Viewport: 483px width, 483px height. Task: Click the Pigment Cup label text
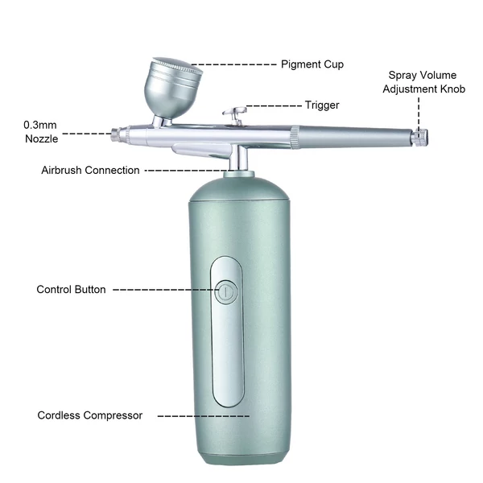tap(312, 64)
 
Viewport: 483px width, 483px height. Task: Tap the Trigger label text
tap(322, 105)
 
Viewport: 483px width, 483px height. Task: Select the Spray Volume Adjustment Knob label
tap(423, 82)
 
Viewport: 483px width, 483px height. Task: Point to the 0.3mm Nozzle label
tap(41, 132)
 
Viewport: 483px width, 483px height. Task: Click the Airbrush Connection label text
tap(90, 170)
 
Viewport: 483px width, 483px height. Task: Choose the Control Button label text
tap(71, 290)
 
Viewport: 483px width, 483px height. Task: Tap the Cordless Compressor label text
tap(89, 415)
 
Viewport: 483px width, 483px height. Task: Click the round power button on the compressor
tap(226, 291)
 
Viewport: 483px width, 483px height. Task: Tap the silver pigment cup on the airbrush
tap(172, 89)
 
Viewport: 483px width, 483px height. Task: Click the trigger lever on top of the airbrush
tap(235, 114)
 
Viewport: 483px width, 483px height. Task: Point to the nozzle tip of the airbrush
tap(115, 135)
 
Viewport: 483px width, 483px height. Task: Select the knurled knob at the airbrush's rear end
tap(419, 138)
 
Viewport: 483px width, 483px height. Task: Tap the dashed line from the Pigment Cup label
tap(233, 64)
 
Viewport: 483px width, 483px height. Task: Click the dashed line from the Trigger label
tap(274, 105)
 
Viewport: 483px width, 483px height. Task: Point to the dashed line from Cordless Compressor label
tap(204, 416)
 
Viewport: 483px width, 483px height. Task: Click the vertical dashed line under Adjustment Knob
tap(419, 114)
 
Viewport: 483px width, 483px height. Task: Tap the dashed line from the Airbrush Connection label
tap(188, 171)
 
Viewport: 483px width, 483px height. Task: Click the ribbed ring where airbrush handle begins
tap(295, 138)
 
